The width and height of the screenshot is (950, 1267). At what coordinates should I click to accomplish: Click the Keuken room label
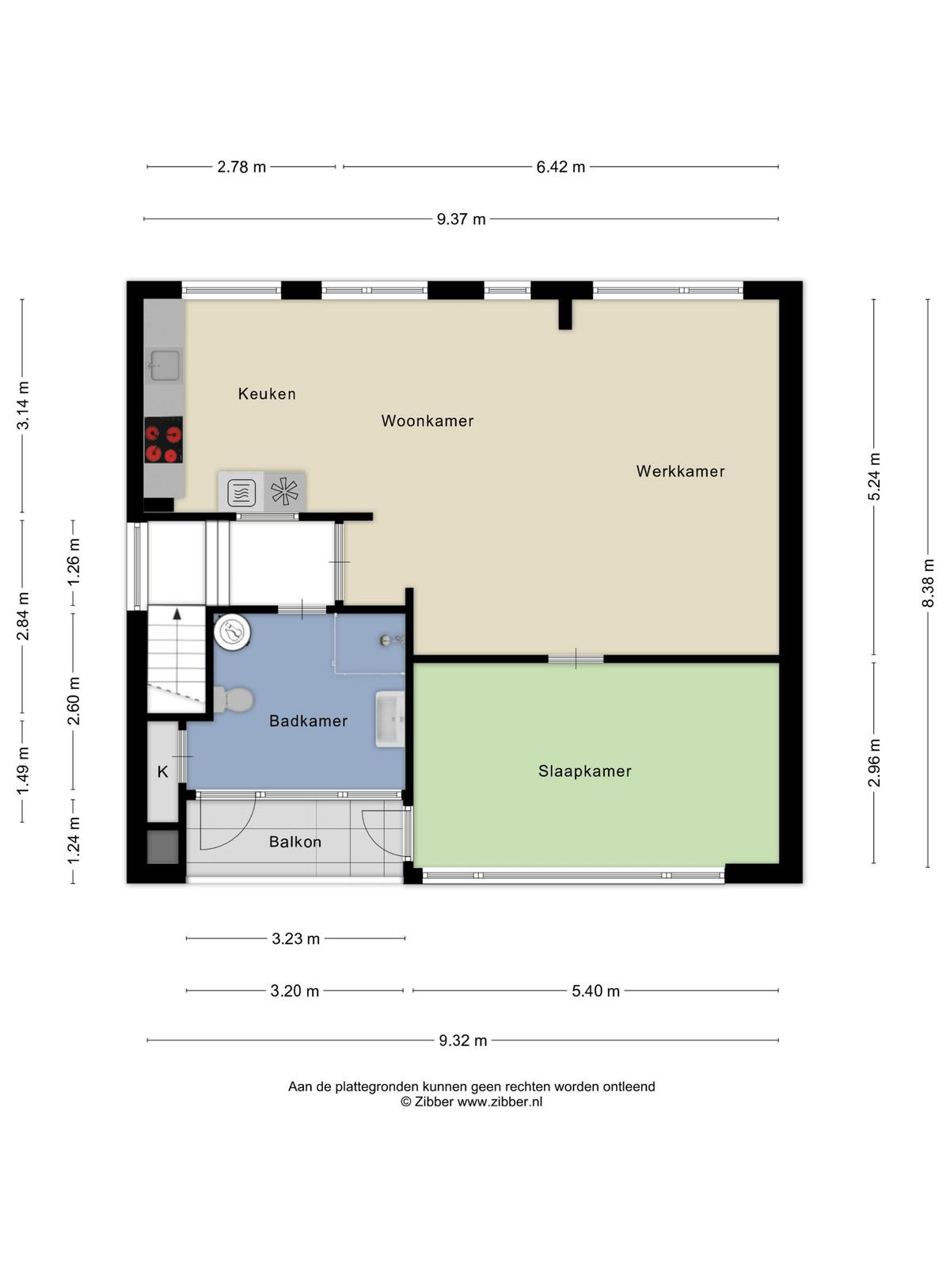coord(267,394)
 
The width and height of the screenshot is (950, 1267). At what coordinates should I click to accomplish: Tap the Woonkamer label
coord(427,420)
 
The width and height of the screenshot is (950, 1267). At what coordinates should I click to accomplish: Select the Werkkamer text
coord(680,471)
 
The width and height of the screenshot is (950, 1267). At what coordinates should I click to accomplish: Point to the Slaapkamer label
coord(584,770)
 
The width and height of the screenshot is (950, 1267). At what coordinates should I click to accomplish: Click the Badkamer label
coord(308,721)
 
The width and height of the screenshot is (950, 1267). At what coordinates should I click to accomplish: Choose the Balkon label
coord(294,842)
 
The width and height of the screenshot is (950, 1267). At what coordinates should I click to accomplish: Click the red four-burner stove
coord(163,439)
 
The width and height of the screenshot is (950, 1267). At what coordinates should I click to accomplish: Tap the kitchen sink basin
coord(165,366)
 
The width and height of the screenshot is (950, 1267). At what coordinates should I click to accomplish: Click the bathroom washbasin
coord(390,719)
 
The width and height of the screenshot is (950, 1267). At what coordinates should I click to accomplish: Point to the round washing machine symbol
coord(233,631)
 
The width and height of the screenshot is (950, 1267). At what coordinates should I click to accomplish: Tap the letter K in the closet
coord(162,771)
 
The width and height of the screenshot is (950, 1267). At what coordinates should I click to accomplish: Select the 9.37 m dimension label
coord(461,219)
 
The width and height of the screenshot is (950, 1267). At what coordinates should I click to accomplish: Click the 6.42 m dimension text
coord(560,167)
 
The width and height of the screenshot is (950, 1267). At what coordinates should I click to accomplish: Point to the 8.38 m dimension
coord(928,582)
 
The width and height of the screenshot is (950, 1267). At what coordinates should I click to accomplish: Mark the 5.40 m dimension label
coord(595,991)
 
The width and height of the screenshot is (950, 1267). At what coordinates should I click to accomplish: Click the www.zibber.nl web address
coord(500,1101)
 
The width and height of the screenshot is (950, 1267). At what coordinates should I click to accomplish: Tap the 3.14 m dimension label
coord(22,405)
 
